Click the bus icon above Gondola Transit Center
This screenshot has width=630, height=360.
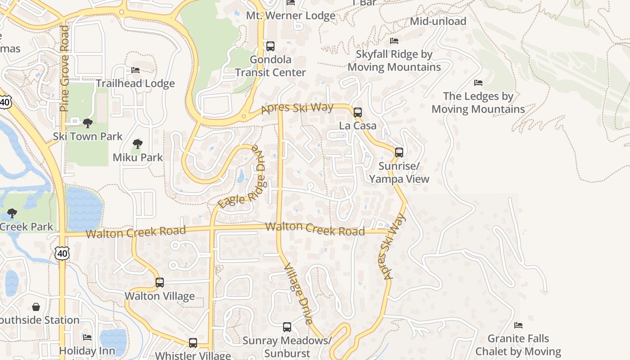coord(270,46)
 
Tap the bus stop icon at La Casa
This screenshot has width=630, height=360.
coord(358,112)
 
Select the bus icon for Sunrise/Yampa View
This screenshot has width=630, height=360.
coord(399,153)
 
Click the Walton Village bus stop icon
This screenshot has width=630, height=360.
coord(160,283)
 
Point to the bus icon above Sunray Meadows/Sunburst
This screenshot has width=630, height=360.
coord(287,327)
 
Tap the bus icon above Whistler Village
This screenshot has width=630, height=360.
coord(193,342)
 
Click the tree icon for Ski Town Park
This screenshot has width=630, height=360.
coord(88,123)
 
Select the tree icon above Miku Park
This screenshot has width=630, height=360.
coord(138,144)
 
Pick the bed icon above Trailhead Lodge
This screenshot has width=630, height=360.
coord(135,70)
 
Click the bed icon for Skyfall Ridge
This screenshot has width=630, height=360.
coord(394,41)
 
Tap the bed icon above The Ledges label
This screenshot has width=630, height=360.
coord(478,83)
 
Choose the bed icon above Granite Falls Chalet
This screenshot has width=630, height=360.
coord(518,325)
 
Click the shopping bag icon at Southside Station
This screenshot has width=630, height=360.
coord(36,307)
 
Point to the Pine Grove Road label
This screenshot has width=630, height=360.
coord(64,68)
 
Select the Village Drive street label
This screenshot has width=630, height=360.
coord(299,294)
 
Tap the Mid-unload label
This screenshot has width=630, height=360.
coord(438,21)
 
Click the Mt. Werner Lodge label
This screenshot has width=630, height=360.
coord(291,16)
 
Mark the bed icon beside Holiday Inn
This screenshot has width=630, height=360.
coord(87,337)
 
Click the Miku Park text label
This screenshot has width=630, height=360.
coord(138,157)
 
